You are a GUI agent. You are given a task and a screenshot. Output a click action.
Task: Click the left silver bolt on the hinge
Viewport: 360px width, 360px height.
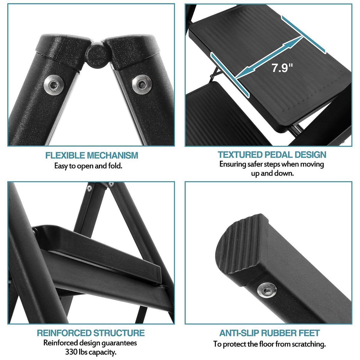click(x=54, y=85)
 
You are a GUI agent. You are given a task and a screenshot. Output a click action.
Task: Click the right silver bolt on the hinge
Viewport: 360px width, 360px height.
click(x=142, y=84)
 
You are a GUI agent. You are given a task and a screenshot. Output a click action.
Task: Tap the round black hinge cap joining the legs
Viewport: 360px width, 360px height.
click(x=97, y=55)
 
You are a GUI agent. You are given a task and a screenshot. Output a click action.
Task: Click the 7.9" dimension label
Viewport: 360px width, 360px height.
click(x=282, y=68)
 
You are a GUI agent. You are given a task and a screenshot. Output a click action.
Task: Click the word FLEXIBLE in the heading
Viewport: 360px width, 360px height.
click(x=65, y=155)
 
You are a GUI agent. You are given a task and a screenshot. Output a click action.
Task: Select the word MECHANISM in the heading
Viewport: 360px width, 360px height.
click(x=113, y=155)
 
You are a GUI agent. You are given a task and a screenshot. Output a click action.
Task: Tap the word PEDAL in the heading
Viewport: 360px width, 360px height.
click(x=278, y=155)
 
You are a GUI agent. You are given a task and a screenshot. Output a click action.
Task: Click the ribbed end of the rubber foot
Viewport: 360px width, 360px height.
click(x=241, y=245)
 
